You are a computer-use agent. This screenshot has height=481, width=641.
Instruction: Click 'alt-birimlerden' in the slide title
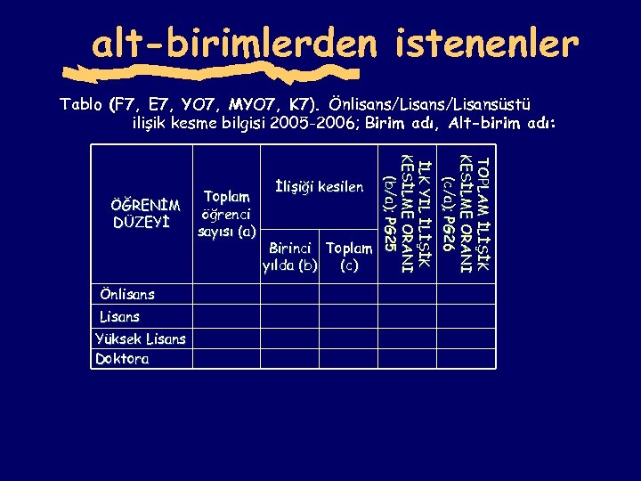pyautogui.click(x=237, y=41)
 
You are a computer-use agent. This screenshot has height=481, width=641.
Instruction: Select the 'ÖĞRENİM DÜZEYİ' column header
pyautogui.click(x=146, y=214)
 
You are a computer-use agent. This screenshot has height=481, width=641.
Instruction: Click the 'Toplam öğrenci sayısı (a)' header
pyautogui.click(x=226, y=214)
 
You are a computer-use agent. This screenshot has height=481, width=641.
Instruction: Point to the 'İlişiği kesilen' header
pyautogui.click(x=319, y=187)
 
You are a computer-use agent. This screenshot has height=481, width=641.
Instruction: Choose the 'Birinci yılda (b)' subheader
pyautogui.click(x=290, y=257)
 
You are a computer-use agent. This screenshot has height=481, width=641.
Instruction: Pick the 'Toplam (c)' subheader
pyautogui.click(x=349, y=257)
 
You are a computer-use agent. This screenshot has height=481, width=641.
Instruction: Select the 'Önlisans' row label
pyautogui.click(x=127, y=294)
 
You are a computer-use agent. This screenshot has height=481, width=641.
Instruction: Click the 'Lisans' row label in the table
pyautogui.click(x=119, y=316)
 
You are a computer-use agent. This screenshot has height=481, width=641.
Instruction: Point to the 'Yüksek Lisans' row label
pyautogui.click(x=141, y=338)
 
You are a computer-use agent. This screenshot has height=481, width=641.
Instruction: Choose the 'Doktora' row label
pyautogui.click(x=123, y=360)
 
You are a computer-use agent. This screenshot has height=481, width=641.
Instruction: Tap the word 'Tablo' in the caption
pyautogui.click(x=81, y=103)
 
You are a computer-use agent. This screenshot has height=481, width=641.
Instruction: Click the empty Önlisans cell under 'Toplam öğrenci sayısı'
pyautogui.click(x=226, y=294)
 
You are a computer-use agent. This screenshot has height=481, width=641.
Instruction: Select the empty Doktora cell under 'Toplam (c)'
pyautogui.click(x=349, y=359)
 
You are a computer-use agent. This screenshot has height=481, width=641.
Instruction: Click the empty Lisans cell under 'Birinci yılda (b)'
pyautogui.click(x=290, y=316)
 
